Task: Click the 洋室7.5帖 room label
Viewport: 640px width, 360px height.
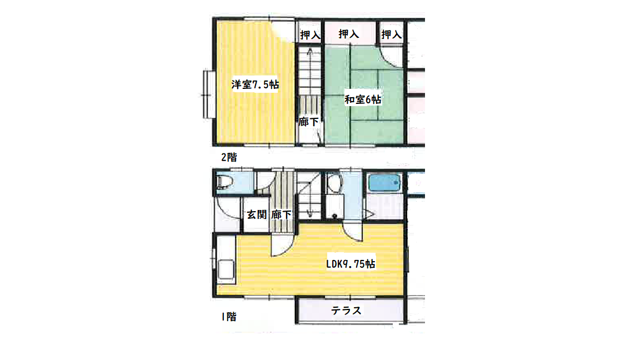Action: (255, 84)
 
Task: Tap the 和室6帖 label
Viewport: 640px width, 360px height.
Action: (363, 99)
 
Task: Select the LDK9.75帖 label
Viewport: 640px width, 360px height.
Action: (351, 264)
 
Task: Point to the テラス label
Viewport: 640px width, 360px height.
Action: (346, 311)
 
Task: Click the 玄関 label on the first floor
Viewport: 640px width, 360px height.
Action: (257, 214)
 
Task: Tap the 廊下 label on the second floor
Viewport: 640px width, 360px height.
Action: (308, 122)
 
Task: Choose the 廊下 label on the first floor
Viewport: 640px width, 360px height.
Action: (282, 214)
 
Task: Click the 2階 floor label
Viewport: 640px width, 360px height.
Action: (229, 157)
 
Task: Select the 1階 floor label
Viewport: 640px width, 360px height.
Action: (229, 316)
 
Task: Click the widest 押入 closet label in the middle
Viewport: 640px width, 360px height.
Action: (349, 34)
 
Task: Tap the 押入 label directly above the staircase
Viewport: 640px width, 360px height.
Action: (310, 34)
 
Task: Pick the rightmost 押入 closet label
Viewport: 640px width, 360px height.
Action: (392, 34)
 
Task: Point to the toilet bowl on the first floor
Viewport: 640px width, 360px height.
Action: (225, 182)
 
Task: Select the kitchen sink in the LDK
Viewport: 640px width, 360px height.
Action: (226, 269)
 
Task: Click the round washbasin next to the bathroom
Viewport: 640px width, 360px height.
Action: (334, 184)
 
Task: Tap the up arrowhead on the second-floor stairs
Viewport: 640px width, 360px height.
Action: (310, 52)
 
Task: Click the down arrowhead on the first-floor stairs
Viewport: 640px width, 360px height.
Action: (309, 213)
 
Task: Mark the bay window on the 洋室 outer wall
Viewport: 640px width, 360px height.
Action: (209, 94)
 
